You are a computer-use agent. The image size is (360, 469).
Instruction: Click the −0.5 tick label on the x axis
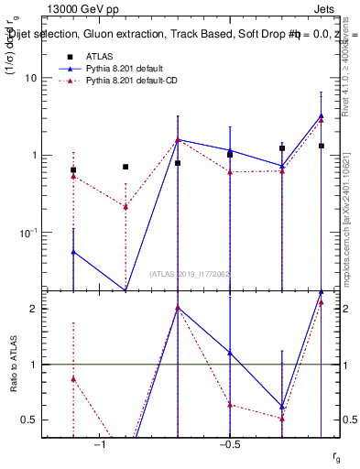(x=229, y=444)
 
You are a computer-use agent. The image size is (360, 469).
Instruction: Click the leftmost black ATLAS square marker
(x=73, y=170)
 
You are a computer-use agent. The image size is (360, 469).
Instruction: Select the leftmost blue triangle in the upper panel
(x=73, y=252)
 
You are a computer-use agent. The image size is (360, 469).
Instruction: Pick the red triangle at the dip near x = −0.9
(x=125, y=207)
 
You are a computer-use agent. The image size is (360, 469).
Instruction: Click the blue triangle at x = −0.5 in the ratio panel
(x=230, y=353)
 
